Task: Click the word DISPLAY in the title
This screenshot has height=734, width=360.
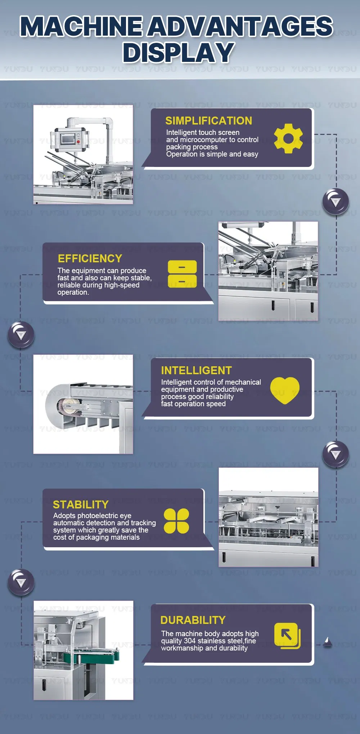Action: pos(179,53)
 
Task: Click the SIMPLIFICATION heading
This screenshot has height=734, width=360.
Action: pos(208,121)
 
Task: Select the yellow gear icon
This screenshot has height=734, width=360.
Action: pos(288,139)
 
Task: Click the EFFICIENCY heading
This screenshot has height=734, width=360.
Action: pos(90,259)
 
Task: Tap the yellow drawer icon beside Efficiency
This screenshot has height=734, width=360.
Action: pos(182,274)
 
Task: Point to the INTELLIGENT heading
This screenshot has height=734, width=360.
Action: pos(196,371)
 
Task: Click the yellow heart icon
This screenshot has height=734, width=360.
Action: pos(285,390)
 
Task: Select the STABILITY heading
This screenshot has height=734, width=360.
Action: pos(81,505)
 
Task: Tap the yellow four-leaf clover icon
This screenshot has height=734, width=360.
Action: pos(176,521)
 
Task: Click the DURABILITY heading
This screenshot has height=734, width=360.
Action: pos(193,620)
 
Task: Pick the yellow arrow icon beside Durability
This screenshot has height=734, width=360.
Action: pos(287,636)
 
